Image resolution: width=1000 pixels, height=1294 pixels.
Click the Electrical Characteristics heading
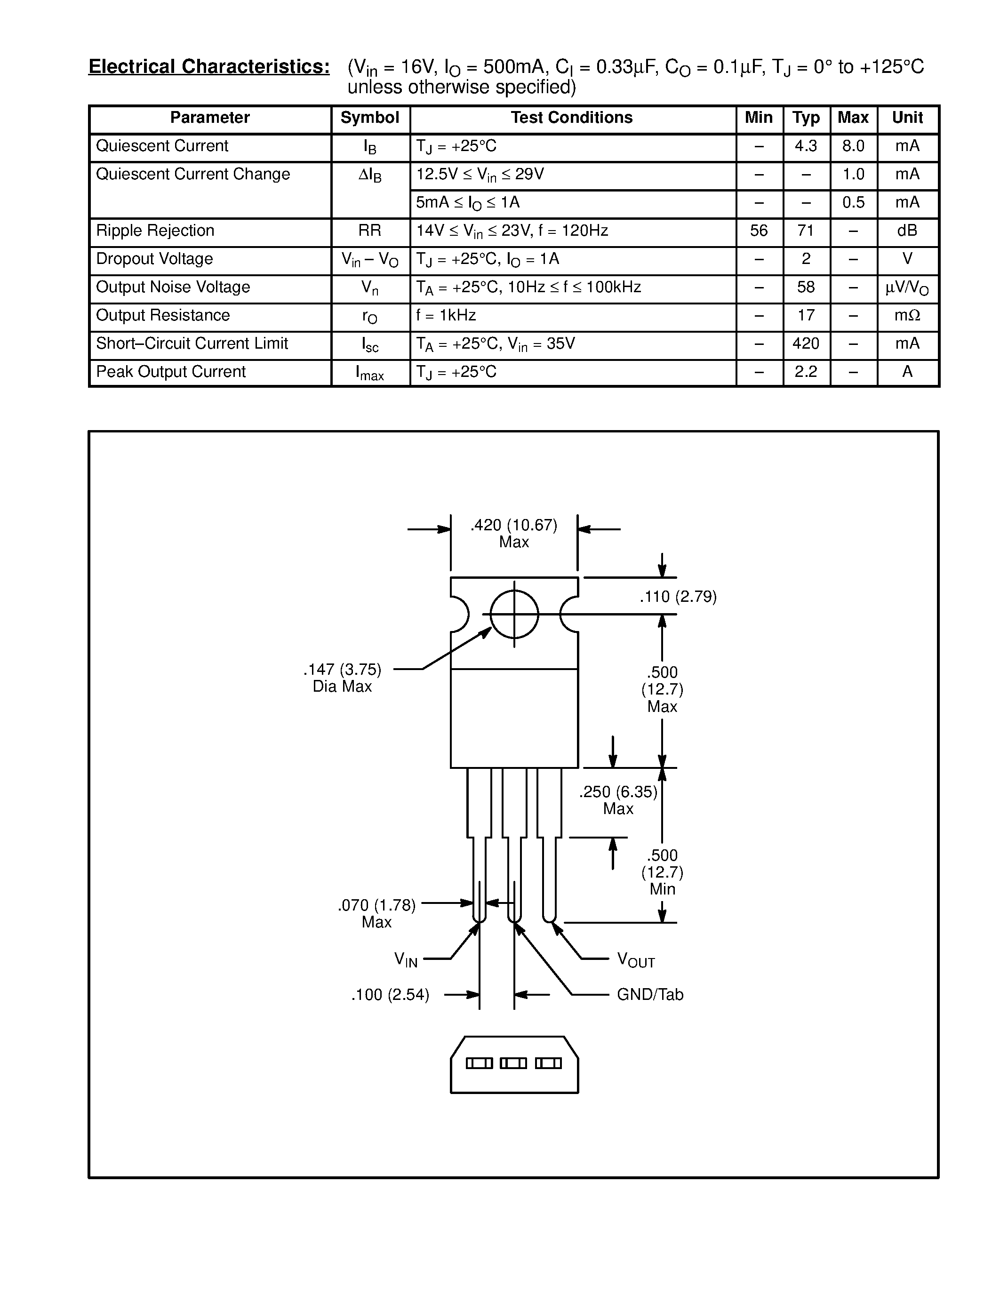tap(209, 67)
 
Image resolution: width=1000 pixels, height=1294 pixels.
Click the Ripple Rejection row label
tap(155, 231)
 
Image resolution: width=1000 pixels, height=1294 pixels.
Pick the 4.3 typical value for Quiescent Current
tap(806, 146)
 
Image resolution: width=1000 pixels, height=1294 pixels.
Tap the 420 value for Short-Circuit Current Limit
tap(806, 343)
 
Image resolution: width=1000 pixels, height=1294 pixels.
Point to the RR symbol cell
tap(370, 231)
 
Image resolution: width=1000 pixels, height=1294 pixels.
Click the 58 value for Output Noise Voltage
tap(806, 288)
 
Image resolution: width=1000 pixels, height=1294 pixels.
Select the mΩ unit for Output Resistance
tap(907, 316)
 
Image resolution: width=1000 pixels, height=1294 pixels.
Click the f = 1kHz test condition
tap(446, 316)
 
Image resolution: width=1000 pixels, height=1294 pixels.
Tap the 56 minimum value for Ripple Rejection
tap(759, 231)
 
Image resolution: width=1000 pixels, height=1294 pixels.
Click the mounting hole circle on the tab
tap(514, 615)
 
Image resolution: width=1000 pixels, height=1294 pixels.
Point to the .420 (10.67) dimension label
tap(513, 526)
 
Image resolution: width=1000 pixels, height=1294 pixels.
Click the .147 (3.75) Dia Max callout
tap(343, 678)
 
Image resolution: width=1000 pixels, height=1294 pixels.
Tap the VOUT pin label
tap(636, 960)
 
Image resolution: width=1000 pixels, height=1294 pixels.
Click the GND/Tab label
tap(650, 995)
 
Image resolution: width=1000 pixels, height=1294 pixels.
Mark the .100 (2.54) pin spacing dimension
tap(391, 995)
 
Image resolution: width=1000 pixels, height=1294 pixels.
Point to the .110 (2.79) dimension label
tap(678, 597)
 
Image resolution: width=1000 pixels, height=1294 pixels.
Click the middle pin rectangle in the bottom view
tap(513, 1063)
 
